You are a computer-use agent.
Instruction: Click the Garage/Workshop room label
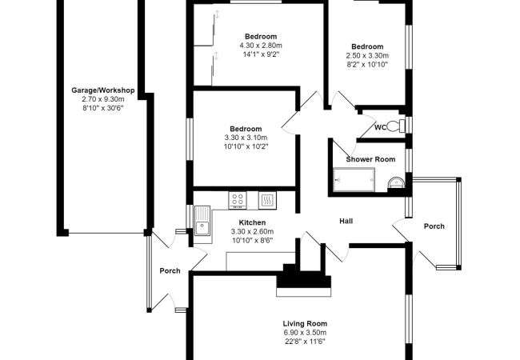tap(102, 91)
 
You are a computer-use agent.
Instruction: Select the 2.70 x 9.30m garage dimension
tap(102, 100)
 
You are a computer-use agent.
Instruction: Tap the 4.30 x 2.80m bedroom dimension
tap(261, 46)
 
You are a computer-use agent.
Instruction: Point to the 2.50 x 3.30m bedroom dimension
tap(366, 56)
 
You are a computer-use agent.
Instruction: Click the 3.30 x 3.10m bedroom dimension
tap(245, 138)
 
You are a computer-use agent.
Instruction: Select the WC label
tap(380, 127)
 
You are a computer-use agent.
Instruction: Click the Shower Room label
tap(370, 159)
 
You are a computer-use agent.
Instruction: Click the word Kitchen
tap(252, 222)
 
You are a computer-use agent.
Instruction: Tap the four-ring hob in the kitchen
tap(238, 199)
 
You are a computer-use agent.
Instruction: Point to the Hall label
tap(346, 221)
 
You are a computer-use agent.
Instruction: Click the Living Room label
tap(304, 323)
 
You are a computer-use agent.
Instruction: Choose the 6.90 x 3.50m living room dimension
tap(304, 333)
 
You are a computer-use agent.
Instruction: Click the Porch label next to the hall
tap(434, 226)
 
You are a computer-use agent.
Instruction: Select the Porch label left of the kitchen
tap(170, 270)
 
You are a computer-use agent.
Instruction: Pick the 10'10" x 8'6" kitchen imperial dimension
tap(252, 240)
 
